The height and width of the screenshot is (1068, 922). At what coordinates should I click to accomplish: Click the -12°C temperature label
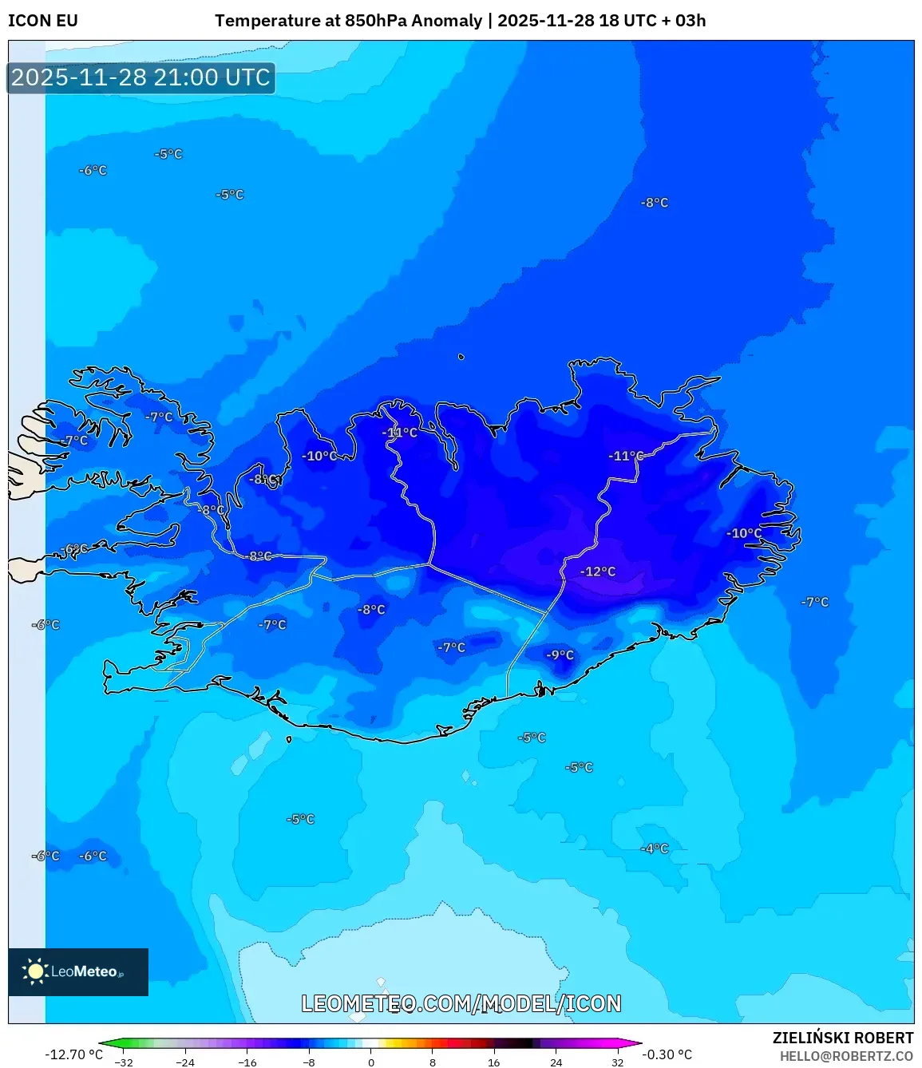click(598, 572)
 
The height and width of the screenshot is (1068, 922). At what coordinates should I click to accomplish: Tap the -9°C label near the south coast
click(560, 655)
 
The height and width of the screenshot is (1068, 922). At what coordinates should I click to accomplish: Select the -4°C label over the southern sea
click(655, 848)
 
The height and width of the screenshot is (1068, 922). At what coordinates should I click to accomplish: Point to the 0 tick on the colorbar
click(370, 1062)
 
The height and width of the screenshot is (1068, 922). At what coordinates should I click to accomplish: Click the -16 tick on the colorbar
click(247, 1062)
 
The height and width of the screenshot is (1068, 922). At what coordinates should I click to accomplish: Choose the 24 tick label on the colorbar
click(556, 1062)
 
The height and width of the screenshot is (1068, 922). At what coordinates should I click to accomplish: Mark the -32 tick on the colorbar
click(124, 1062)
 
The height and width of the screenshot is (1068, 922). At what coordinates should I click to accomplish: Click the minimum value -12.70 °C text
click(73, 1054)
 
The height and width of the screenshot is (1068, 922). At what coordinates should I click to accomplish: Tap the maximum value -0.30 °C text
click(667, 1054)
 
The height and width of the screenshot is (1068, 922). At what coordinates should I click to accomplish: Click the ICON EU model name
click(43, 21)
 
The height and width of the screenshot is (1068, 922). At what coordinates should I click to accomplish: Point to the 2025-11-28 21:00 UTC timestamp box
click(141, 77)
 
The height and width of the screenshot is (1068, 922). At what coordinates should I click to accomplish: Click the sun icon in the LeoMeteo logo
click(34, 971)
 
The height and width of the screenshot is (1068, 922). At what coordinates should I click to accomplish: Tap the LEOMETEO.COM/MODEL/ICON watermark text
click(461, 1003)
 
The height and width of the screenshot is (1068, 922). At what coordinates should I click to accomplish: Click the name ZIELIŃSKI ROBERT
click(842, 1038)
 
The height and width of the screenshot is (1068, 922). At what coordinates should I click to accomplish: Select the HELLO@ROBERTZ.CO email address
click(846, 1056)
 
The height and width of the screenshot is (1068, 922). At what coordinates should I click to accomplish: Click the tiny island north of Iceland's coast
click(461, 357)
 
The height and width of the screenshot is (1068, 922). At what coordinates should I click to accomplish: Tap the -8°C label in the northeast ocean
click(655, 203)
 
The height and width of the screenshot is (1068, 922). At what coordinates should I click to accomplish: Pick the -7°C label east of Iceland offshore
click(815, 602)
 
